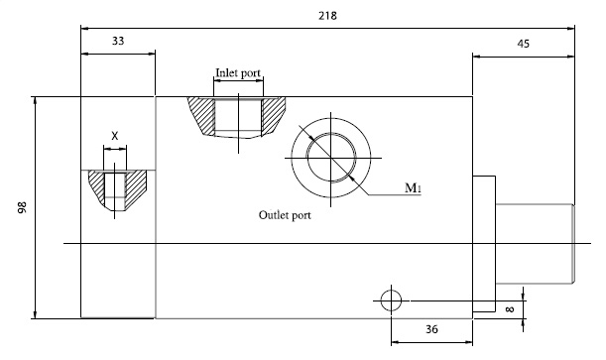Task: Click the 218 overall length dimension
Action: point(327,16)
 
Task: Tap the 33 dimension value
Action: point(118,41)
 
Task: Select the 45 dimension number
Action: point(523,44)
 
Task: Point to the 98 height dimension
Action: point(23,207)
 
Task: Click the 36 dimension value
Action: point(431,329)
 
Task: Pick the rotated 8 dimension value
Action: point(510,309)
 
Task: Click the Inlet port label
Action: point(238,72)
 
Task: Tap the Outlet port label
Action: point(285,215)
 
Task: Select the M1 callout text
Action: point(413,188)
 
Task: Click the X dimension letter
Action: point(115,136)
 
